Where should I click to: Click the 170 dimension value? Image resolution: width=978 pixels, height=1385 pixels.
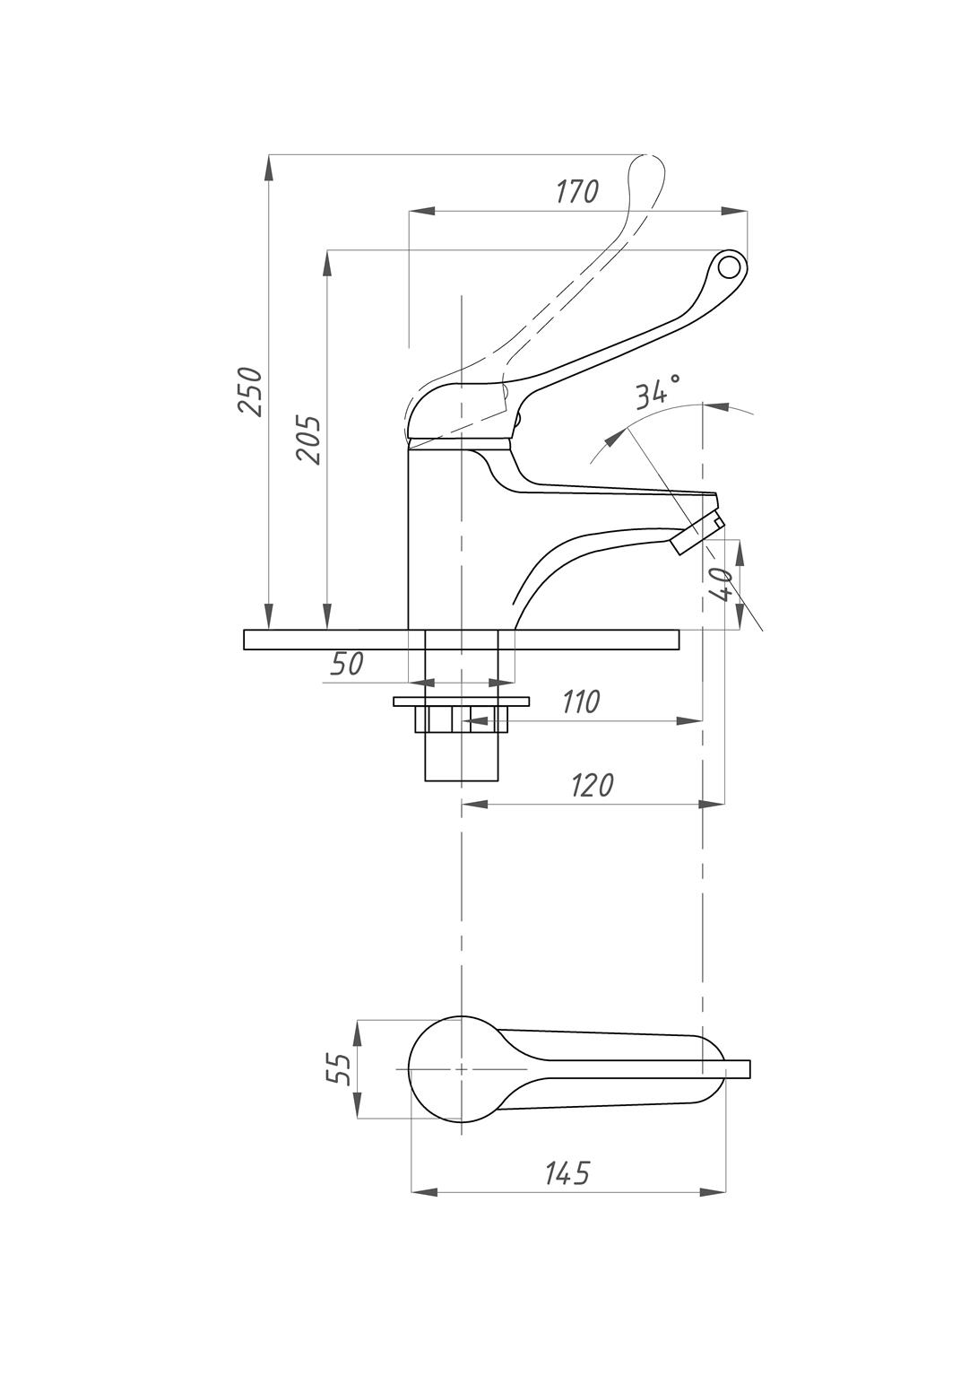[x=576, y=191]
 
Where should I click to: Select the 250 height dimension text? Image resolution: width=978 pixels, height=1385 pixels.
[x=251, y=391]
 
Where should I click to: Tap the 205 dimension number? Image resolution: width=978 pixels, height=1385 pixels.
[x=309, y=439]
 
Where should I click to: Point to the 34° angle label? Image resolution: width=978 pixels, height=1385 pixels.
[x=658, y=392]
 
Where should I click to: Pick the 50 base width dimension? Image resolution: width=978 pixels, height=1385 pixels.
[x=347, y=664]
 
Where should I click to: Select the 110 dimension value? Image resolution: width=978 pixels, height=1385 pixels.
[x=581, y=701]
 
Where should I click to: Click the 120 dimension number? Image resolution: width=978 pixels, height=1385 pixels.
[x=593, y=785]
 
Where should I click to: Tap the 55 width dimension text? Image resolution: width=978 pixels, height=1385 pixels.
[x=338, y=1068]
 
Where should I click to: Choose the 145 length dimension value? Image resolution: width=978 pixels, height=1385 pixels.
[x=568, y=1172]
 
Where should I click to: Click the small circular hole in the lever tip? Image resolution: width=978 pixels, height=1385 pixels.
[x=729, y=266]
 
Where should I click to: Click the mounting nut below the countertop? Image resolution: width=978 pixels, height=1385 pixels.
[x=461, y=719]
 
